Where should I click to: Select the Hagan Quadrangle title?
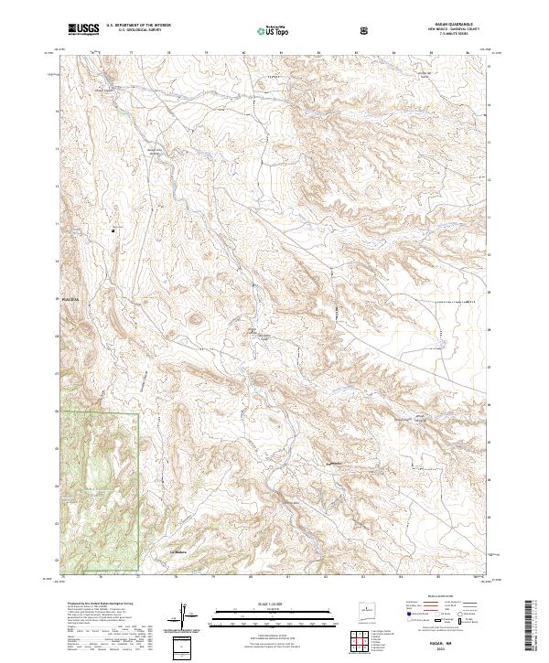pyautogui.click(x=447, y=25)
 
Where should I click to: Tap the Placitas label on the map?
pyautogui.click(x=70, y=299)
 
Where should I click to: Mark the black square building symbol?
pyautogui.click(x=113, y=230)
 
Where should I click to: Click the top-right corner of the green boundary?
pyautogui.click(x=138, y=414)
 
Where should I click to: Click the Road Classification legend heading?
pyautogui.click(x=434, y=603)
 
